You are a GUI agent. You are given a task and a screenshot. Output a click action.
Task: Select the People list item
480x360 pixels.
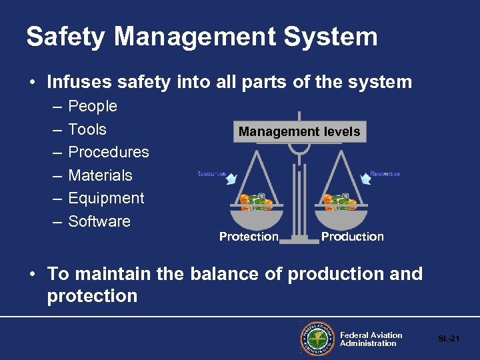[93, 107]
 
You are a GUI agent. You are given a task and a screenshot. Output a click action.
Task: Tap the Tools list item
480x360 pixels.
[87, 129]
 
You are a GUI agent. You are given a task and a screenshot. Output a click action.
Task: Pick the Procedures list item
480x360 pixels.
[109, 152]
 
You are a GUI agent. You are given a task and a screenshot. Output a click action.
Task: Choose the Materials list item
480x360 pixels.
[100, 175]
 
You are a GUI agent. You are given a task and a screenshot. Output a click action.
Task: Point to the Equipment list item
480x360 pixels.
[106, 198]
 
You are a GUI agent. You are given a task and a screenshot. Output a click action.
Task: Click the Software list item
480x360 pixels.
[99, 221]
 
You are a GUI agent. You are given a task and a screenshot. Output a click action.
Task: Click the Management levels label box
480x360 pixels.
[299, 131]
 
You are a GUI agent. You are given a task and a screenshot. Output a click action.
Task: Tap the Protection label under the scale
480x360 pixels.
[249, 237]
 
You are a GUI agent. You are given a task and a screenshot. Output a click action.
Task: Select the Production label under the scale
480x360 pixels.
[352, 237]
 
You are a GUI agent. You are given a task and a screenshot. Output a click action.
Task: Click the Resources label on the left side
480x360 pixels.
[211, 174]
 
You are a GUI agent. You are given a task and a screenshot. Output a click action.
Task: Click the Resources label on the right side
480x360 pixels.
[385, 174]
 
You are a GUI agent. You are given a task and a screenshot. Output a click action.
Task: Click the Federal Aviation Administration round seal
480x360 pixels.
[317, 339]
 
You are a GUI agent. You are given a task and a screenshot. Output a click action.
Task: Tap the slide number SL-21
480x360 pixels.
[449, 339]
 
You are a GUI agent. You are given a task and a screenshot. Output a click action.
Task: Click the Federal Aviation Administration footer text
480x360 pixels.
[371, 339]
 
